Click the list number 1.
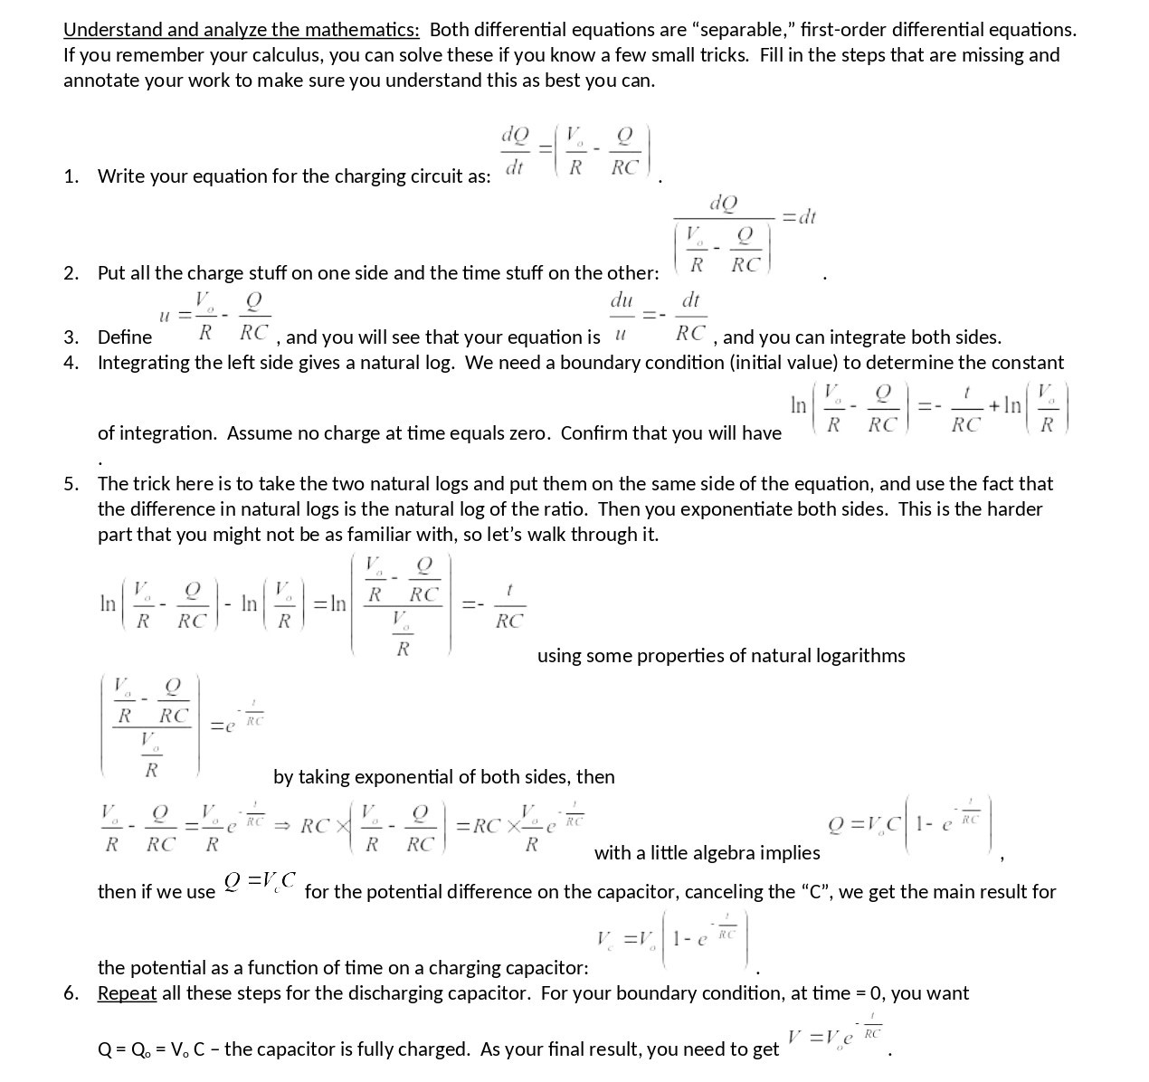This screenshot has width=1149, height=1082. [x=71, y=176]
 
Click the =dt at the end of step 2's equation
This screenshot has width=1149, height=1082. [x=799, y=216]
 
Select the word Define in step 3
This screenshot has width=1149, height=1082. [x=125, y=337]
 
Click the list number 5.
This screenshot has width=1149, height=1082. [x=71, y=483]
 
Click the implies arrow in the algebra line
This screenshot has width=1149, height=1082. [x=281, y=825]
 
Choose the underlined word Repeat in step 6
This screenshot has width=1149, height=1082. [x=127, y=992]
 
